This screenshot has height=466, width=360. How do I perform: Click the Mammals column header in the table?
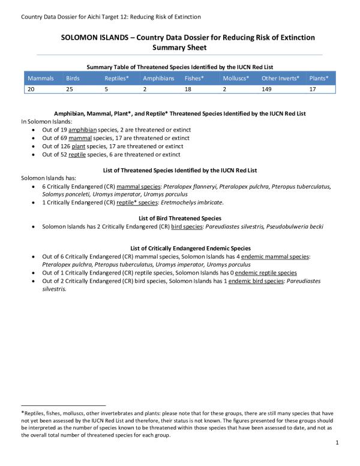(x=41, y=79)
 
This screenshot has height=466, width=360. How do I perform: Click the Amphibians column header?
(x=158, y=79)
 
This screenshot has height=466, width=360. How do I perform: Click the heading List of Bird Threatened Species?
(x=180, y=218)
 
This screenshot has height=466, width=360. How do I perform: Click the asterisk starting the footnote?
(x=22, y=413)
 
